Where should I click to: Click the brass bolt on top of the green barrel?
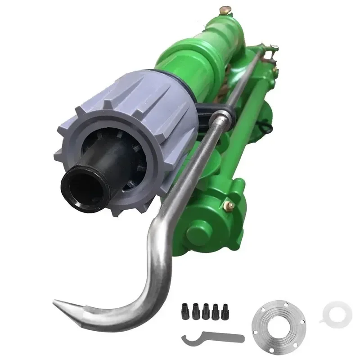coord(224,10)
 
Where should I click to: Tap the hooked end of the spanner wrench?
coord(184,340)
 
